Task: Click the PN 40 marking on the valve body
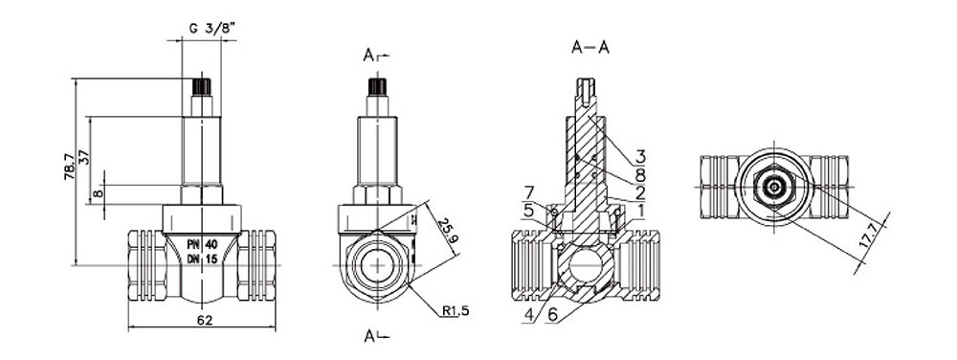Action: [x=203, y=245]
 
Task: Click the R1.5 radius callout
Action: [x=455, y=311]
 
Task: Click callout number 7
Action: [x=528, y=193]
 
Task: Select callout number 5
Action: [x=528, y=210]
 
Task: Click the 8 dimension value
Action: [x=99, y=194]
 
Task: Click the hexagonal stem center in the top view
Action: [x=773, y=188]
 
